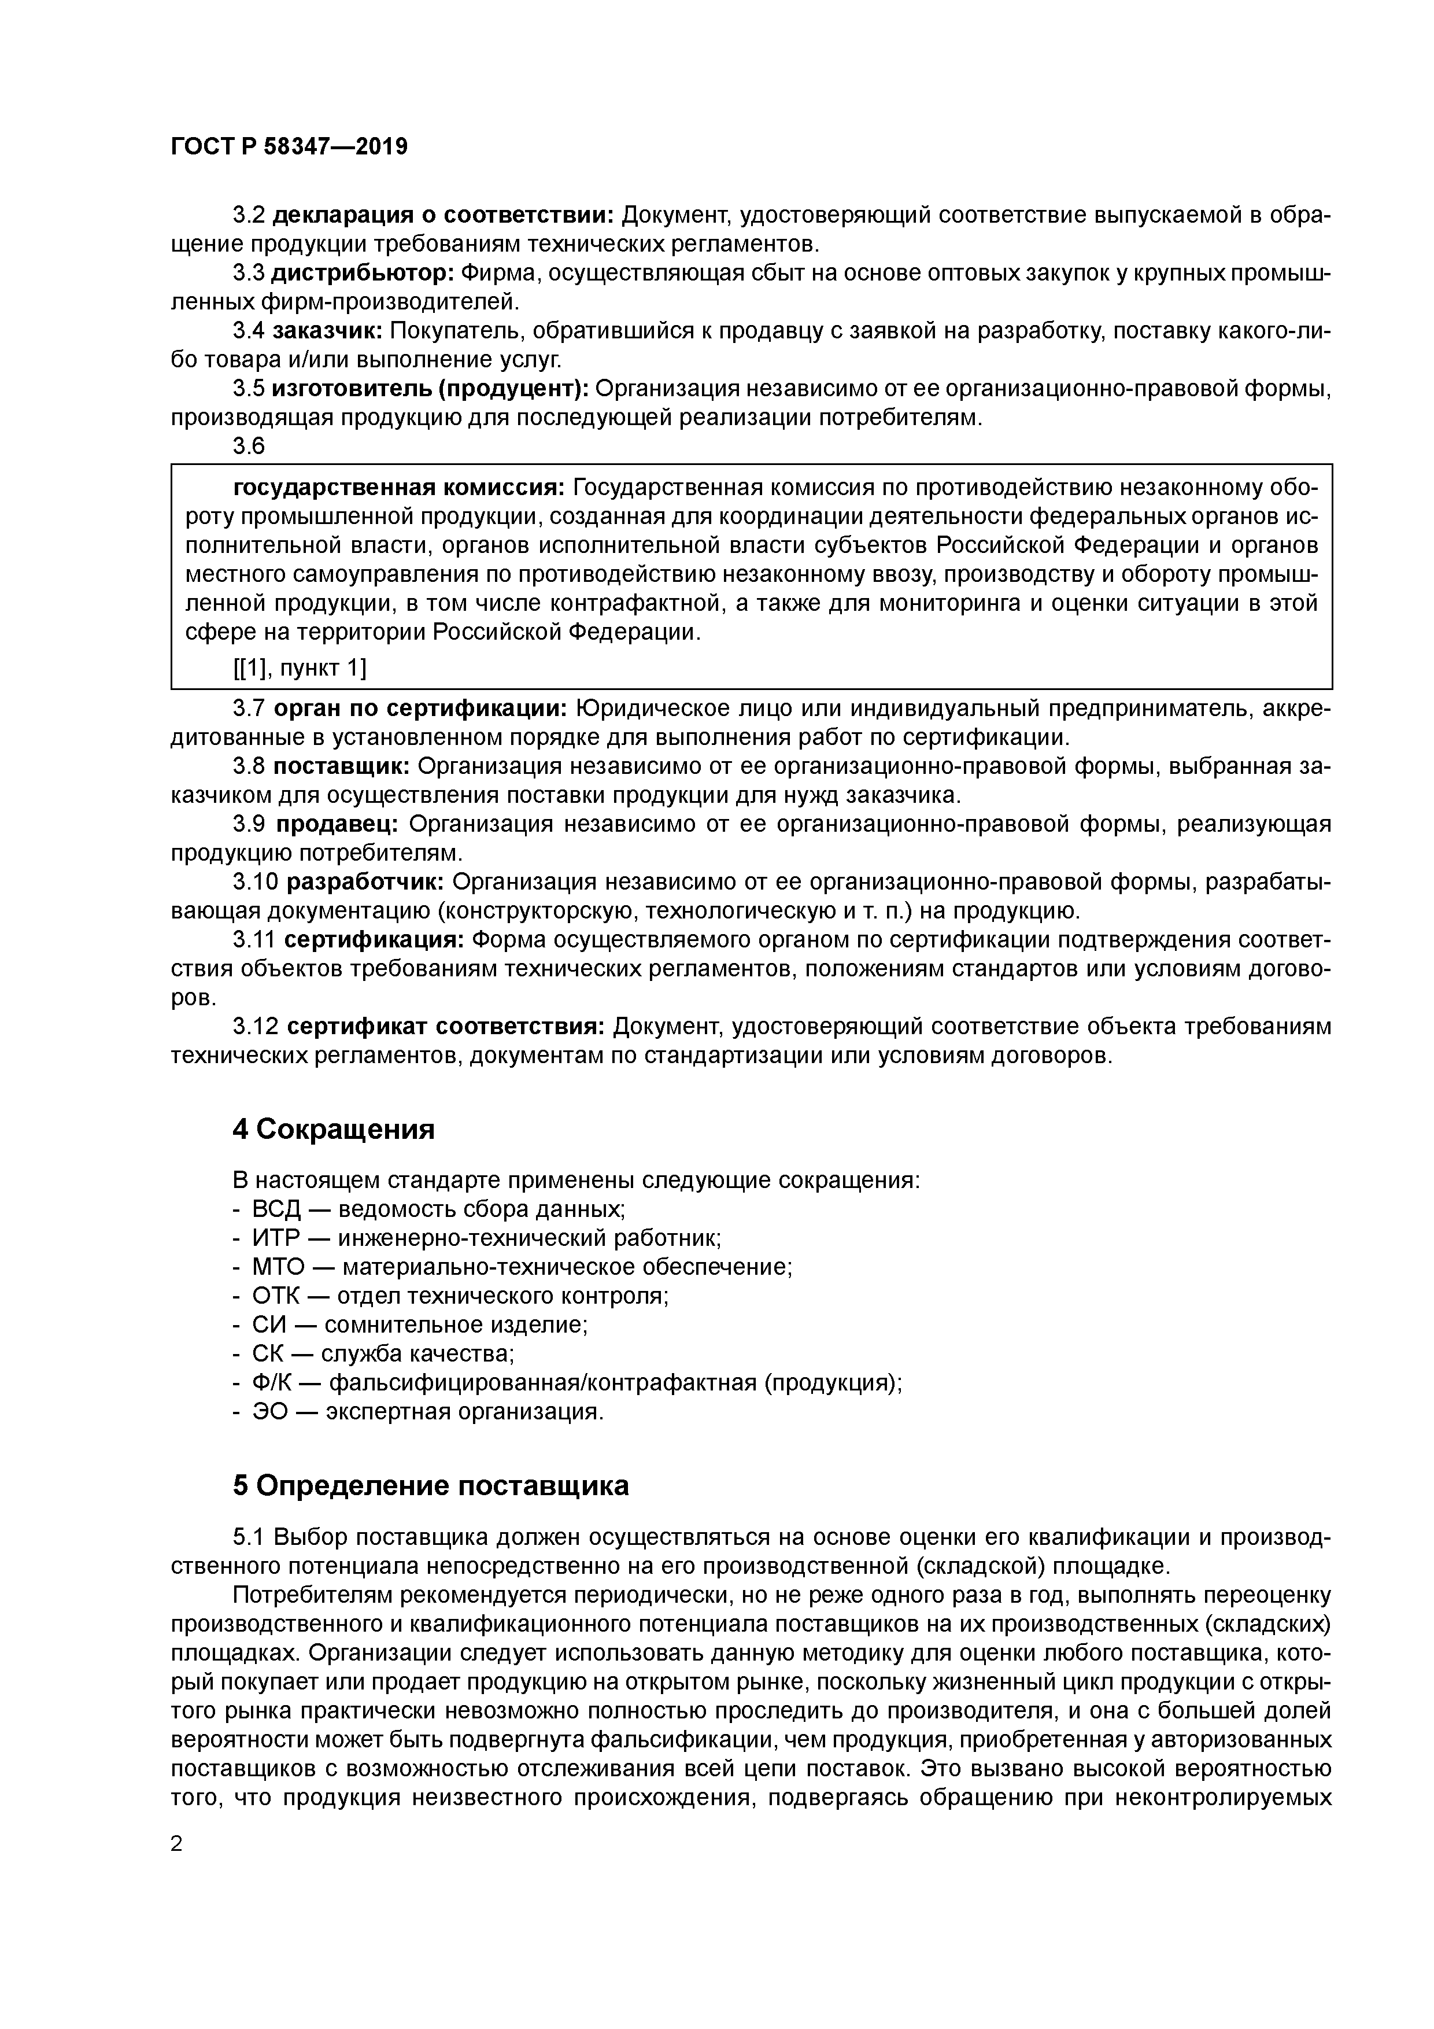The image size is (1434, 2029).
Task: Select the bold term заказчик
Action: pos(327,331)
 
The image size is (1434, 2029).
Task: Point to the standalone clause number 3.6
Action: pos(248,447)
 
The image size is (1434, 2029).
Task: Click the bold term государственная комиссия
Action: pos(398,488)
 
